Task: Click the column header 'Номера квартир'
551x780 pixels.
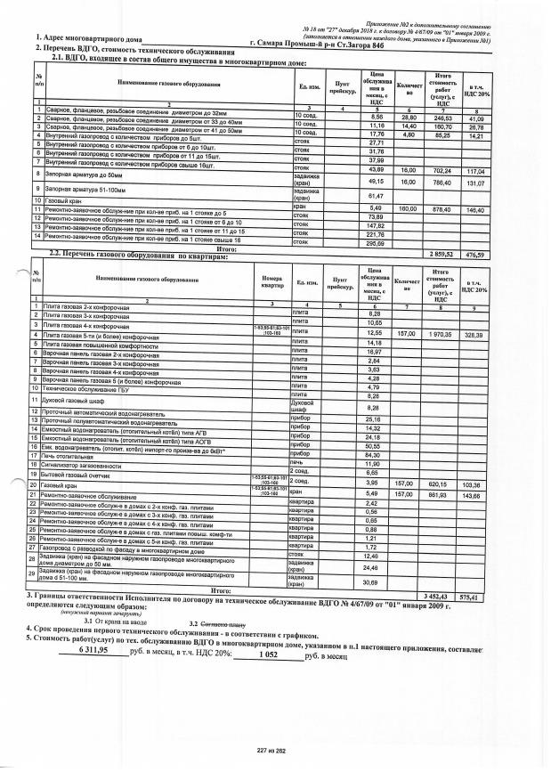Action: click(272, 283)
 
